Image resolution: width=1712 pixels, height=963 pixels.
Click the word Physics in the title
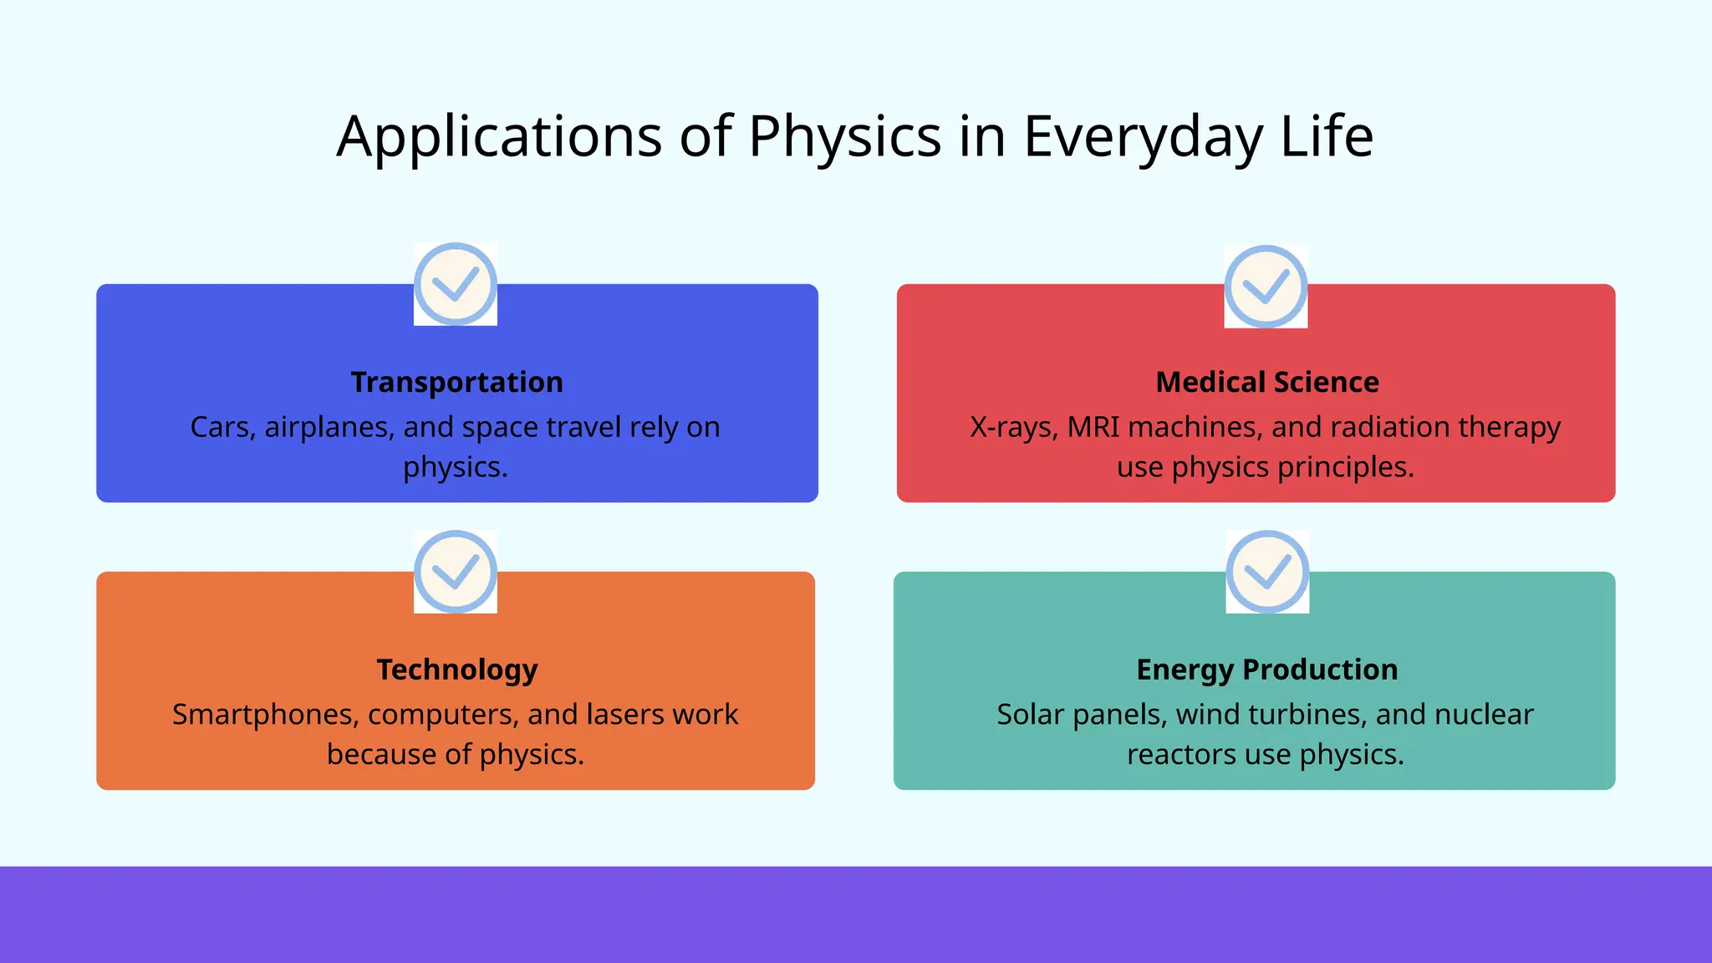[x=844, y=136]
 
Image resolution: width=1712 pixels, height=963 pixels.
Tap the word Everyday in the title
[x=1143, y=136]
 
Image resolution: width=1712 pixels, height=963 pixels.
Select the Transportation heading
[x=456, y=382]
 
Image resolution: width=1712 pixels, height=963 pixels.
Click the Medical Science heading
[x=1266, y=382]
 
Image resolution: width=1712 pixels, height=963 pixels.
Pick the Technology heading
[x=456, y=670]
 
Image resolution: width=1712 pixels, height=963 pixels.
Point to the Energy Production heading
[x=1266, y=670]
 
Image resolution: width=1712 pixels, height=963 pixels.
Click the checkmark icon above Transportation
[x=456, y=284]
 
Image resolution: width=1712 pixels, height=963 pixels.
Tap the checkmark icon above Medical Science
[x=1266, y=287]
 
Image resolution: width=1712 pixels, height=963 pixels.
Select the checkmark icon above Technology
[x=456, y=572]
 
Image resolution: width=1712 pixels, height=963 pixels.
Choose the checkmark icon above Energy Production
[x=1267, y=572]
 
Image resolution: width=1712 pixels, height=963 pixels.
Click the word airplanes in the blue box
[x=329, y=427]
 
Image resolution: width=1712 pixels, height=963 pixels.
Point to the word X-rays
[x=1013, y=427]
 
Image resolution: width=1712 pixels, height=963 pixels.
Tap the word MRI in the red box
[x=1093, y=427]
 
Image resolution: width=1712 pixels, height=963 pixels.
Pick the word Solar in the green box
[x=1030, y=715]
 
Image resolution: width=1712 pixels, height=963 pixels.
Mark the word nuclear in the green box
[x=1484, y=715]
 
